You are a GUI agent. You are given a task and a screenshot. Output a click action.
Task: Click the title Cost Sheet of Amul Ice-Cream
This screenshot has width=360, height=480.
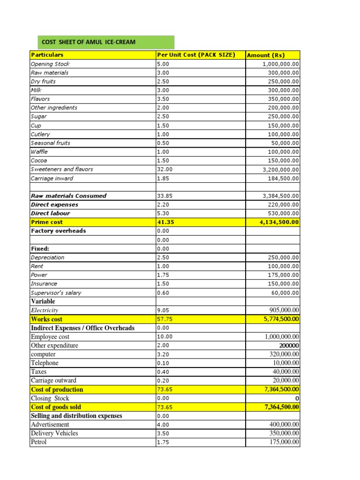click(89, 42)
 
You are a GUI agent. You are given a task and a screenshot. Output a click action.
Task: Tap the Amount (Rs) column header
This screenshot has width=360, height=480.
click(266, 55)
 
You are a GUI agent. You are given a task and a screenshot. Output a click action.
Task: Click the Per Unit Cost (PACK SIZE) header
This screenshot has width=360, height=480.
click(196, 55)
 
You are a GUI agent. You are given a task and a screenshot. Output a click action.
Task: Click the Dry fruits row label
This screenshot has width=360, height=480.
click(43, 81)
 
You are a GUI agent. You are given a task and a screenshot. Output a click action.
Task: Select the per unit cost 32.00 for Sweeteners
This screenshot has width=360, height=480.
click(165, 169)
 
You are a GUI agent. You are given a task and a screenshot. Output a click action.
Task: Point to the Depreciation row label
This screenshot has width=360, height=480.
click(47, 257)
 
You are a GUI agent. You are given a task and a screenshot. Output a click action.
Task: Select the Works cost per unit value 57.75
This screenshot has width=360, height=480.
click(165, 319)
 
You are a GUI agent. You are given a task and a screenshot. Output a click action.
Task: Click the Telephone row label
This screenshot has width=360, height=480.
click(45, 363)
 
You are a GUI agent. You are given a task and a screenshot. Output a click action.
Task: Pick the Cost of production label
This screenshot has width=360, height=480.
click(57, 390)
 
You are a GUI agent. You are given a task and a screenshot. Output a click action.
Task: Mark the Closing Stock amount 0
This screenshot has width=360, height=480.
click(297, 398)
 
